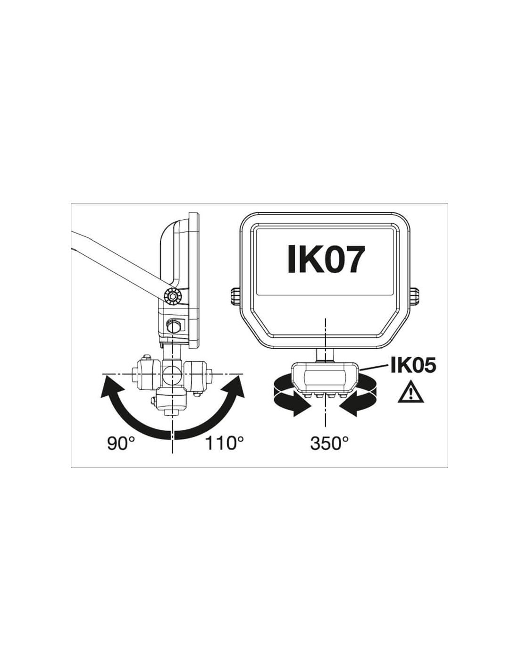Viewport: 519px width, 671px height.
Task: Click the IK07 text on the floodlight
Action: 324,259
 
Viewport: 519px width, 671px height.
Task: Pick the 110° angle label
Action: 224,444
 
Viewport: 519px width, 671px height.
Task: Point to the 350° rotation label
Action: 329,444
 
